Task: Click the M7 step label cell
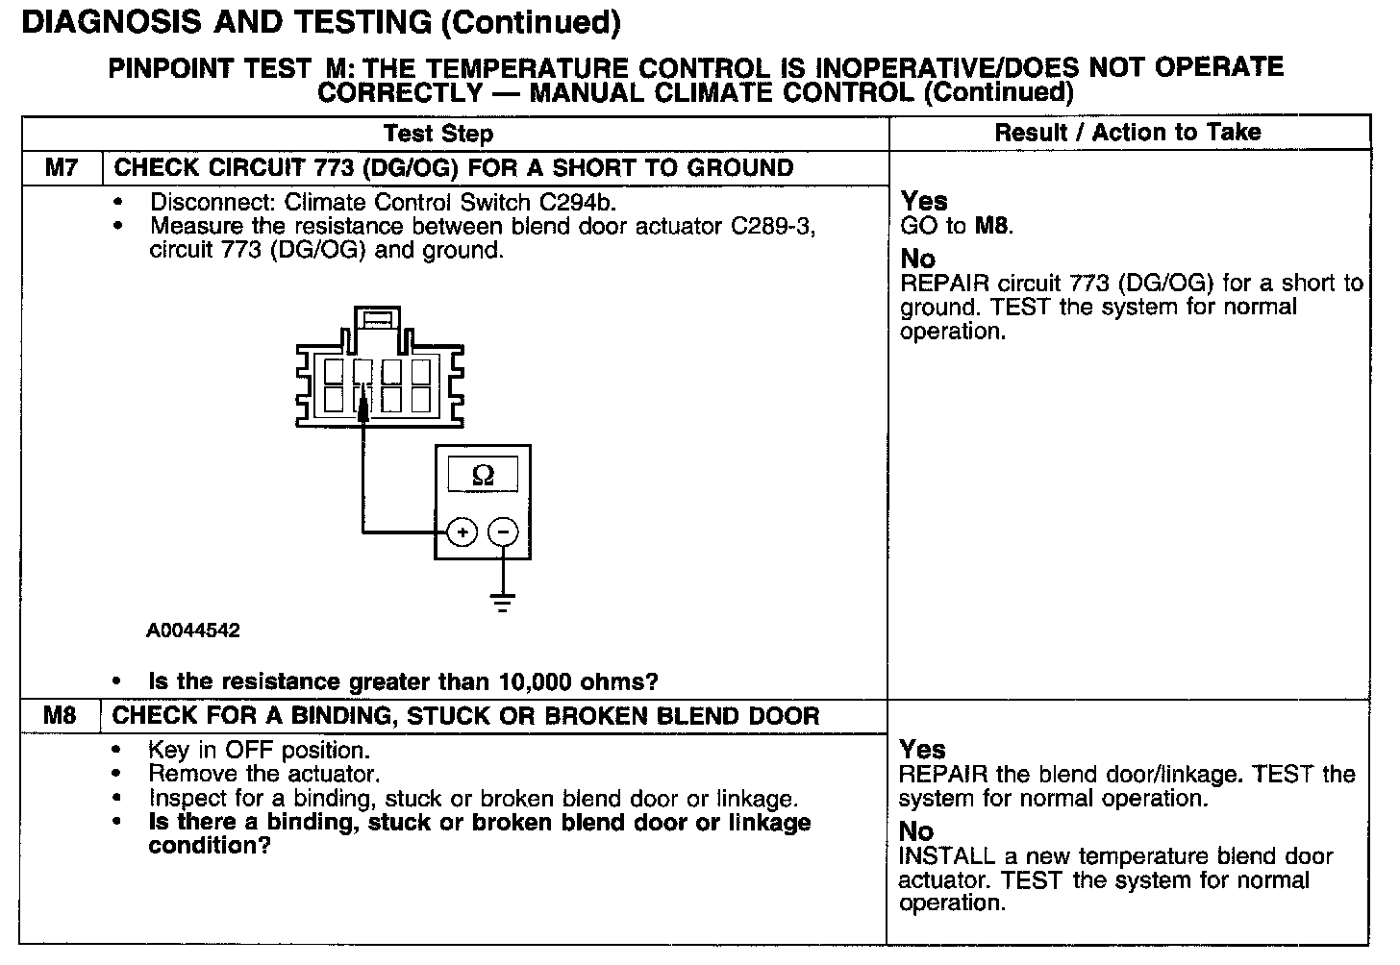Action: click(x=62, y=168)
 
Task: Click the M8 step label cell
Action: click(x=61, y=716)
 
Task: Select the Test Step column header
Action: click(x=437, y=134)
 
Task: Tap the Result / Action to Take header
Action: click(x=1127, y=133)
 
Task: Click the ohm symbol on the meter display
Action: click(x=483, y=476)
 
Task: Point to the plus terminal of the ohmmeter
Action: click(x=462, y=532)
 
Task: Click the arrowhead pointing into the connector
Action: click(x=363, y=411)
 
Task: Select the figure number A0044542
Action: click(x=193, y=631)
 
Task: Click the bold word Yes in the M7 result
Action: click(x=924, y=202)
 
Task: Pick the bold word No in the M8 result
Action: click(x=916, y=831)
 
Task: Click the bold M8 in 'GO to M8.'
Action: click(x=992, y=227)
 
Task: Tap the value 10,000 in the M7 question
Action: click(x=537, y=682)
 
